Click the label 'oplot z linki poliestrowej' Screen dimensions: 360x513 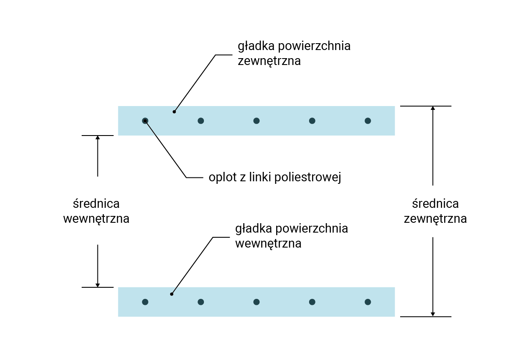274,177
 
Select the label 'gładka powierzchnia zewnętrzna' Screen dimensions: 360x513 294,53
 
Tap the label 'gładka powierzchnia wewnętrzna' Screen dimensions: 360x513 292,236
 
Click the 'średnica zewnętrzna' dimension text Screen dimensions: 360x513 435,211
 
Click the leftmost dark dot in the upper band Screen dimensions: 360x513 145,121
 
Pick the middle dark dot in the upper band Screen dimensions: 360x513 256,121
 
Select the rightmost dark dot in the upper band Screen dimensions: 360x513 368,121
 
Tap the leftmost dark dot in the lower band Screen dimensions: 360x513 145,302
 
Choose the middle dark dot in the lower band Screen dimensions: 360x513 256,302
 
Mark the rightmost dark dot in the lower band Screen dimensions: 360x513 368,302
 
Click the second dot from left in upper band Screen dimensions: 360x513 200,121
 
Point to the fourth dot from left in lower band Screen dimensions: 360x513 312,302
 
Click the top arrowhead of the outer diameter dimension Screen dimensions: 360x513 433,108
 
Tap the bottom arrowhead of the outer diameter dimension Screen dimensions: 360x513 433,314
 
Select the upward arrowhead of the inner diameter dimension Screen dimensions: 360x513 97,138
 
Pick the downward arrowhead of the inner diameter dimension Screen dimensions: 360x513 97,285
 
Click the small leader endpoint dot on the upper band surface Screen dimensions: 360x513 174,112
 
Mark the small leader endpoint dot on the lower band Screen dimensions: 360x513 171,294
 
